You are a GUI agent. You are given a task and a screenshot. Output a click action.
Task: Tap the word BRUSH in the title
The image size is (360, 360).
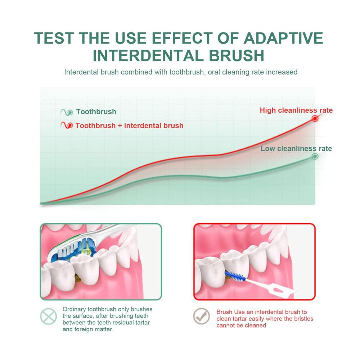point(237,55)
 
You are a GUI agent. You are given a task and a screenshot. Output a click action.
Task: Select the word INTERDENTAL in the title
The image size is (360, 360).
point(148,55)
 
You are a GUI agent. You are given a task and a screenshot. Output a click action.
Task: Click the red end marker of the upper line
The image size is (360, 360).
point(315,118)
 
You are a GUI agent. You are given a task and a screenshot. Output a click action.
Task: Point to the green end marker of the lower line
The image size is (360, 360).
point(315,156)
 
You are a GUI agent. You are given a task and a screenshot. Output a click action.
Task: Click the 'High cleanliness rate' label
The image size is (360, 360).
point(296,110)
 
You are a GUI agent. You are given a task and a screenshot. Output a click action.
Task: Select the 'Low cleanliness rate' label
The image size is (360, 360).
point(296,149)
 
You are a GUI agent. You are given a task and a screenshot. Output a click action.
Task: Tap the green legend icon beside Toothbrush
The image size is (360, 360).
point(67,112)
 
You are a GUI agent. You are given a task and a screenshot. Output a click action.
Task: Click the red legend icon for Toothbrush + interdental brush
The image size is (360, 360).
point(67,125)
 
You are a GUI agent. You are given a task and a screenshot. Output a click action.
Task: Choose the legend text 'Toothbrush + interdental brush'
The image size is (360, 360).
point(130,126)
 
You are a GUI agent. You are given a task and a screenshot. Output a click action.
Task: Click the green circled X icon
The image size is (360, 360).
point(49,316)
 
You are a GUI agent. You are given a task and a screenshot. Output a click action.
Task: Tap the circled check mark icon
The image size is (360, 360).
point(202,316)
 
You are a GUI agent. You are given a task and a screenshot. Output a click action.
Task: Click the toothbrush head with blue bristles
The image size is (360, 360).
point(72,249)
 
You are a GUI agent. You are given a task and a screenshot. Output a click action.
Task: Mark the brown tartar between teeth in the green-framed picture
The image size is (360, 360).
point(77,277)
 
